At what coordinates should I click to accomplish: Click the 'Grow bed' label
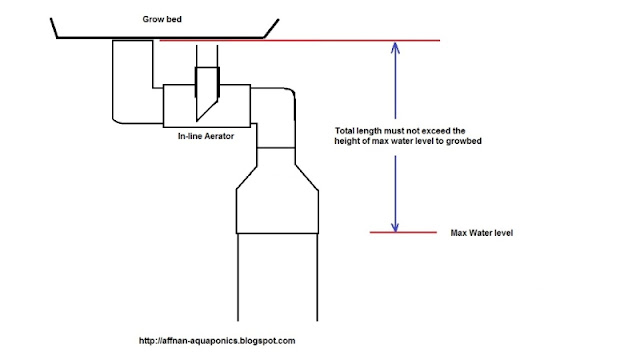[162, 19]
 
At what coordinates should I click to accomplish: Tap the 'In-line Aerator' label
[206, 136]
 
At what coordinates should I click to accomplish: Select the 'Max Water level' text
[482, 233]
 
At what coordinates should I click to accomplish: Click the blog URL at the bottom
[217, 341]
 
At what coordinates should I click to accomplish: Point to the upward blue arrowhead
[395, 48]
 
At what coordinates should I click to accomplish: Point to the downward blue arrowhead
[395, 227]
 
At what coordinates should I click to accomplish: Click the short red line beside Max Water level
[403, 232]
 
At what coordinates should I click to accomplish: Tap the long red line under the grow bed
[300, 40]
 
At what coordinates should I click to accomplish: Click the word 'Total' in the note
[344, 131]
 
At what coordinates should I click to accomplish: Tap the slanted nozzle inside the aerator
[207, 94]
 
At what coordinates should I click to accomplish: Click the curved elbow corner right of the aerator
[291, 91]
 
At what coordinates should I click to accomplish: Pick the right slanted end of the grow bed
[271, 28]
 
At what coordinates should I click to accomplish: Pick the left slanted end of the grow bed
[53, 28]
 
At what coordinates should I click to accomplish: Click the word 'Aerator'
[220, 136]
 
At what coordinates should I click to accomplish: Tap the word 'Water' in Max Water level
[480, 233]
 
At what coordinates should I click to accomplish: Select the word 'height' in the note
[346, 141]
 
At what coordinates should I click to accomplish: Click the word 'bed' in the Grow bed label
[174, 19]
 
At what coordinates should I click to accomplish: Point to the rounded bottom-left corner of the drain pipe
[116, 120]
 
